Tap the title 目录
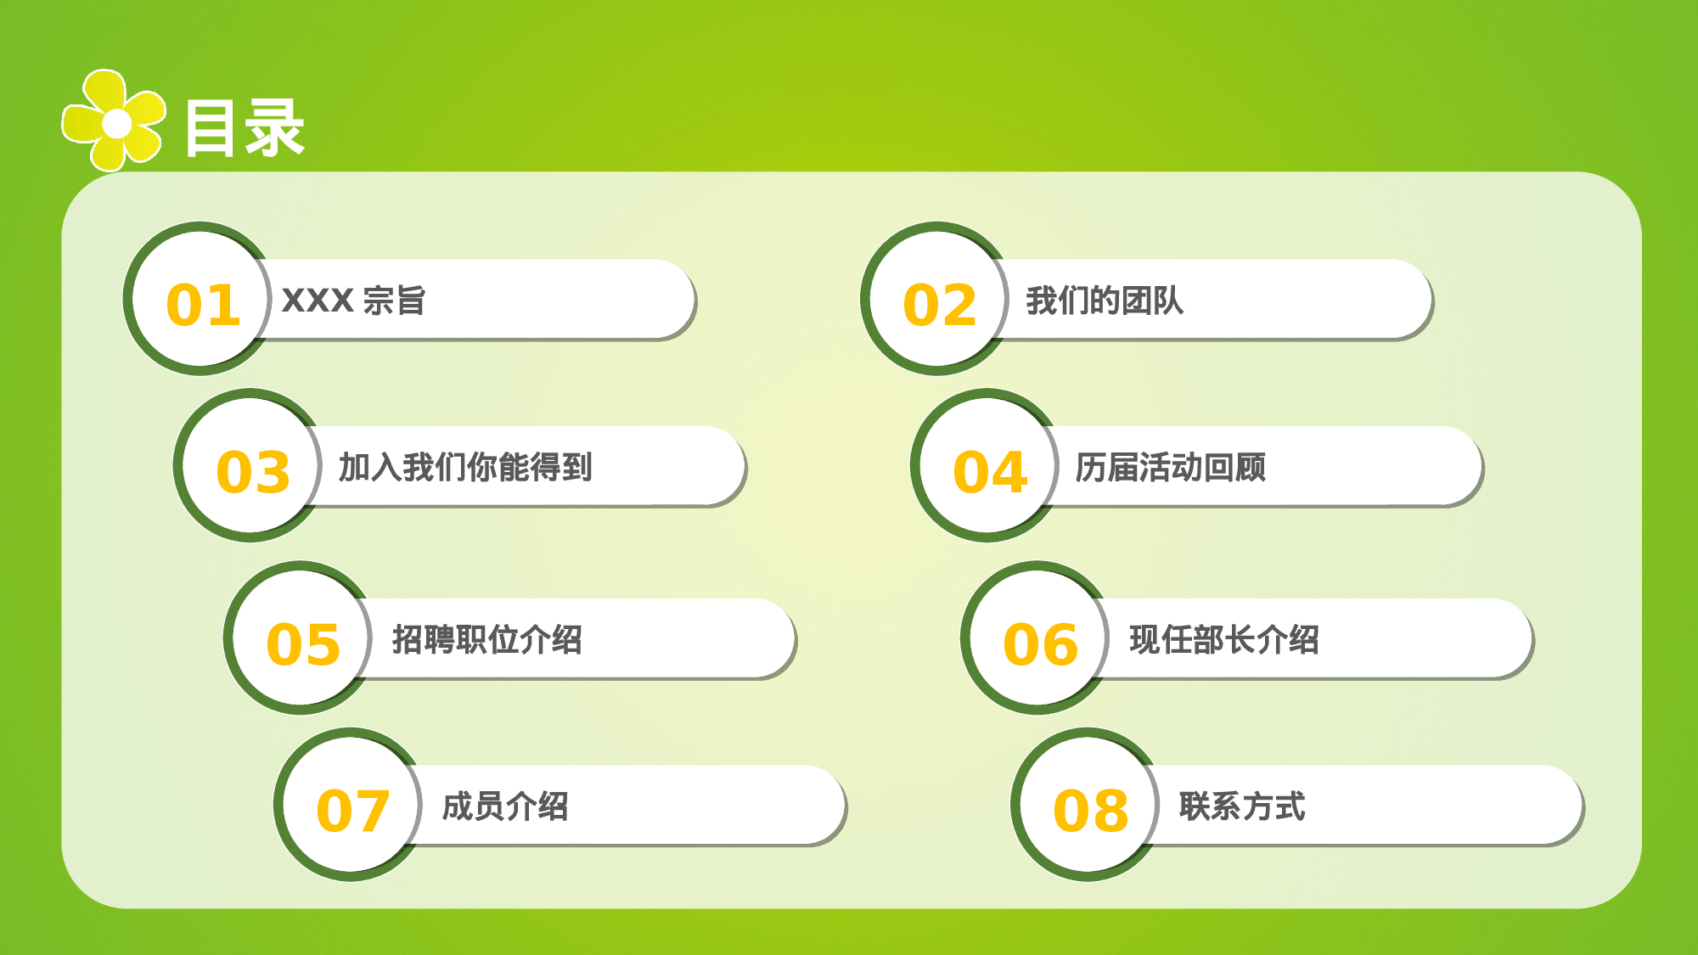245,128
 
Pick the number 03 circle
251,467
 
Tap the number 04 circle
988,467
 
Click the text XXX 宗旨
353,301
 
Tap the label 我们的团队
1105,301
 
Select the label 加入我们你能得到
465,467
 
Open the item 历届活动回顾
1171,467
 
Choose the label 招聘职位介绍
487,639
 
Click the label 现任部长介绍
1224,639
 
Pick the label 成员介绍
505,806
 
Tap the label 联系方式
1242,806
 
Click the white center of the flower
117,124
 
